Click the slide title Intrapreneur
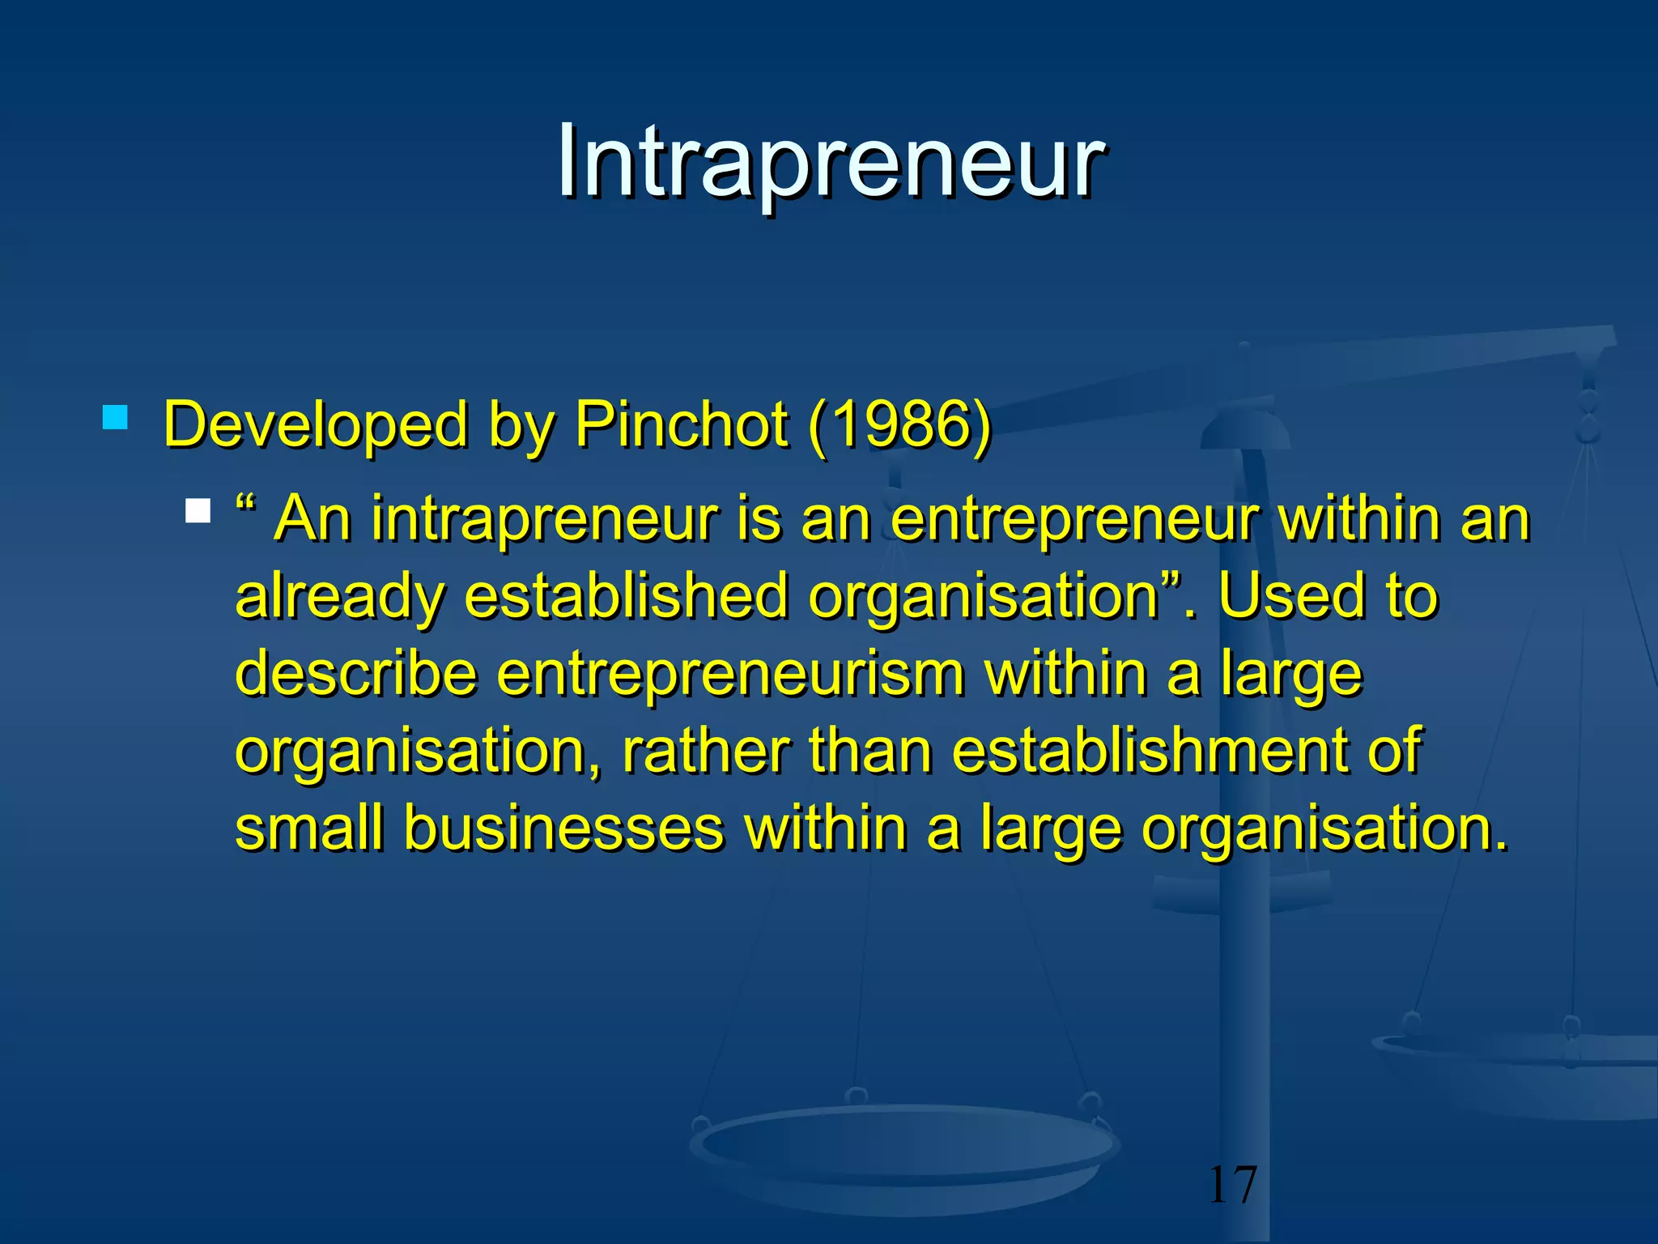click(829, 162)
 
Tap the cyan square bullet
click(116, 418)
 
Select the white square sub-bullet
click(198, 511)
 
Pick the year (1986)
click(899, 424)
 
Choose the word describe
click(356, 674)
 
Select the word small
click(309, 828)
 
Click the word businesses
click(564, 828)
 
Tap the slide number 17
click(1232, 1185)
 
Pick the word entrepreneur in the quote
click(1074, 520)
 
